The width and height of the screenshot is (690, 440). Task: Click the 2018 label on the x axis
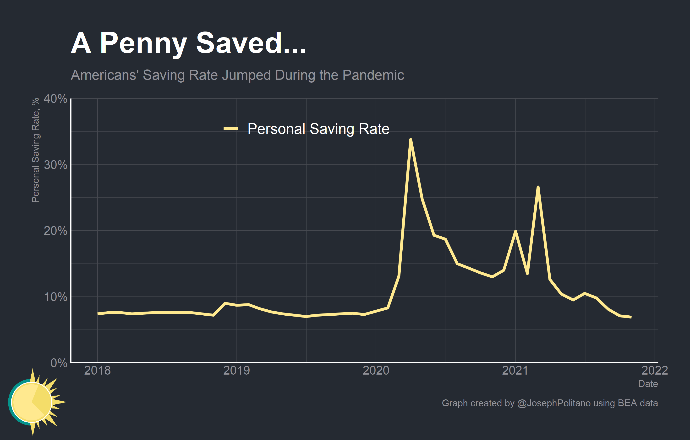click(x=97, y=371)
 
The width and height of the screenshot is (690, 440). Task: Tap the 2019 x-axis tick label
click(x=237, y=371)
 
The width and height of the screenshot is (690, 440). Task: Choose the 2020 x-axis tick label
click(x=376, y=371)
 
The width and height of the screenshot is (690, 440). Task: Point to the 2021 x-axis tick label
click(x=515, y=371)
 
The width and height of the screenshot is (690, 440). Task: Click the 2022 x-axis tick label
click(x=654, y=371)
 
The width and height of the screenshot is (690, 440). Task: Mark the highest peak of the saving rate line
click(x=411, y=140)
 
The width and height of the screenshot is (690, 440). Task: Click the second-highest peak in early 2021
click(x=538, y=187)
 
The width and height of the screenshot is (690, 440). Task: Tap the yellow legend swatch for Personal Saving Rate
click(x=231, y=129)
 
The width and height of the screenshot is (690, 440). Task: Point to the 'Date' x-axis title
click(x=648, y=384)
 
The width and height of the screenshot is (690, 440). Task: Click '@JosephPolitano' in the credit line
click(x=554, y=403)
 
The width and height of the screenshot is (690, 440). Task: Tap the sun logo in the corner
click(x=33, y=402)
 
